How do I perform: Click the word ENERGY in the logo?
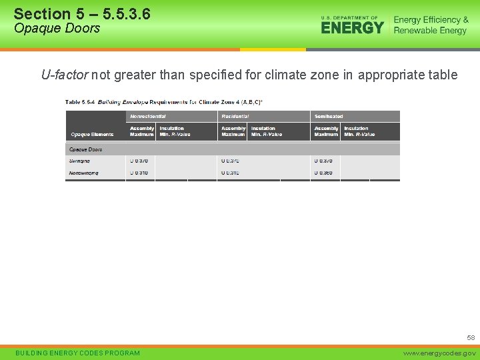pos(352,27)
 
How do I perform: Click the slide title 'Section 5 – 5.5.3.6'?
pos(81,13)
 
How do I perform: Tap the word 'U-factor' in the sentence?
pos(65,75)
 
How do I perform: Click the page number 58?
pos(471,338)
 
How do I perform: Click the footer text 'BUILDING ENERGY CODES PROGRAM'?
pos(77,353)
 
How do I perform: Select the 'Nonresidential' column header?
pos(148,116)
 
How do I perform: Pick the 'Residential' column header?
pos(235,116)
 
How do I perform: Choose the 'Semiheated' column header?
pos(329,116)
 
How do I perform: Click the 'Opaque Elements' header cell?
pos(92,134)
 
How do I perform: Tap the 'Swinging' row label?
pos(79,161)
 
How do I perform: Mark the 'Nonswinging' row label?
pos(83,173)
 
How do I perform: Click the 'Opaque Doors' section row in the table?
pos(86,149)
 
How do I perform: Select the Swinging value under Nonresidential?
pos(139,161)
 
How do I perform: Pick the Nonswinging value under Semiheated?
pos(323,173)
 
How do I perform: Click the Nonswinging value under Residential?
pos(230,173)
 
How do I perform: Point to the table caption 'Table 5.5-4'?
pos(79,101)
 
